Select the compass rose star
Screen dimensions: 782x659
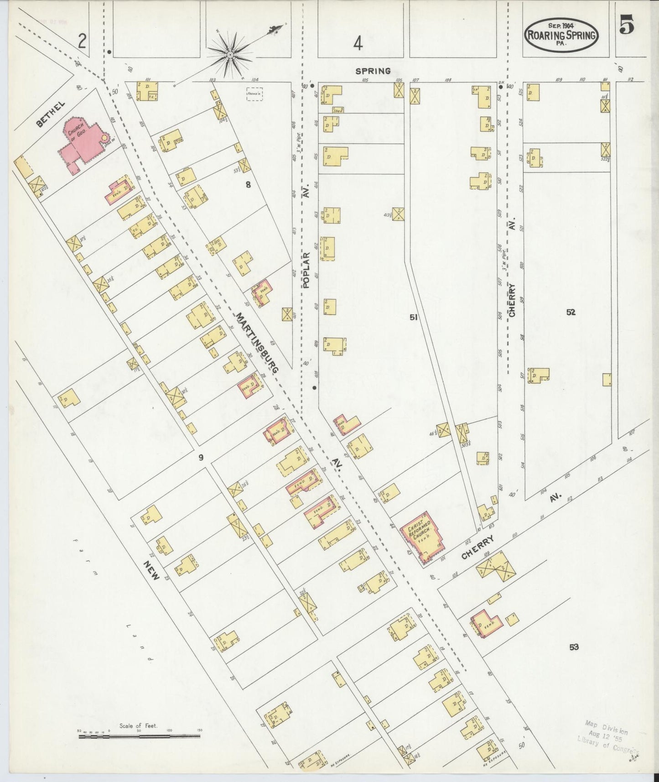pyautogui.click(x=231, y=55)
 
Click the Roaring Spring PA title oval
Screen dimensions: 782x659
pyautogui.click(x=561, y=35)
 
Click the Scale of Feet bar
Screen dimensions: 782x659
pyautogui.click(x=139, y=736)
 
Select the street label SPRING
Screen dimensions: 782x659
pyautogui.click(x=373, y=71)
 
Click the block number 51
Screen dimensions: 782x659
pyautogui.click(x=414, y=317)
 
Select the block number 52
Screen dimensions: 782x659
pyautogui.click(x=571, y=312)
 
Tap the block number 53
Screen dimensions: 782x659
pyautogui.click(x=574, y=646)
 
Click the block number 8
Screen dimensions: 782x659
pyautogui.click(x=248, y=185)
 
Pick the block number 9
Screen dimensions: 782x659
pyautogui.click(x=201, y=457)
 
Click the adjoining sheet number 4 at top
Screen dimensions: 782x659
pyautogui.click(x=358, y=44)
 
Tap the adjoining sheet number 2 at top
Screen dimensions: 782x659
pyautogui.click(x=82, y=42)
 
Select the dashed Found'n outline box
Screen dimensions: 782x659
pyautogui.click(x=254, y=94)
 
